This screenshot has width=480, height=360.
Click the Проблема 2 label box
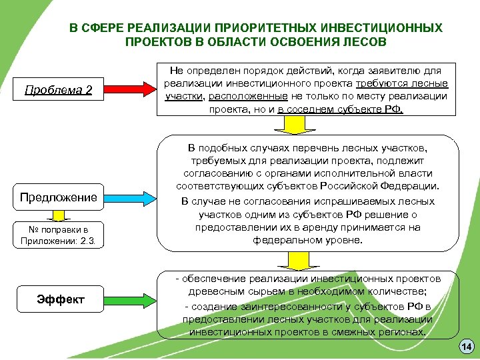click(x=59, y=89)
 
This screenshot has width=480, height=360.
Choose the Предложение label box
click(x=59, y=197)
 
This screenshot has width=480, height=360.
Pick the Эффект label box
click(x=60, y=299)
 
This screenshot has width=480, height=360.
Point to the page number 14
click(x=466, y=347)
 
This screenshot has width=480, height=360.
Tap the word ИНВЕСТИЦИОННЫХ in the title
click(x=381, y=29)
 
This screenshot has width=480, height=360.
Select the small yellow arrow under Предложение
click(x=59, y=215)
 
